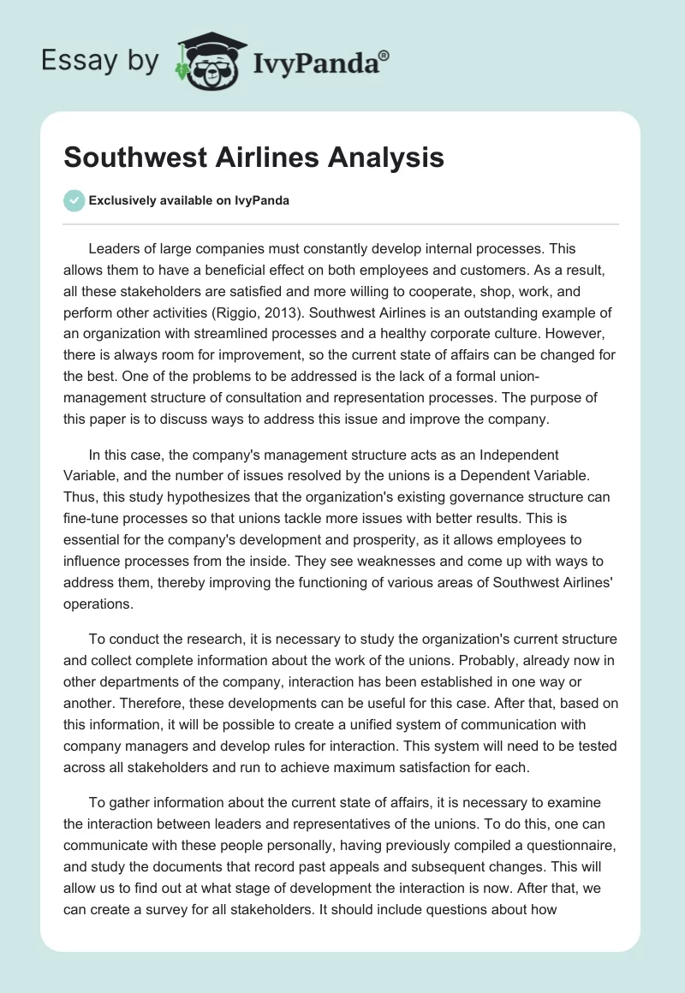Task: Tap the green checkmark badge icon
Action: (74, 200)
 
